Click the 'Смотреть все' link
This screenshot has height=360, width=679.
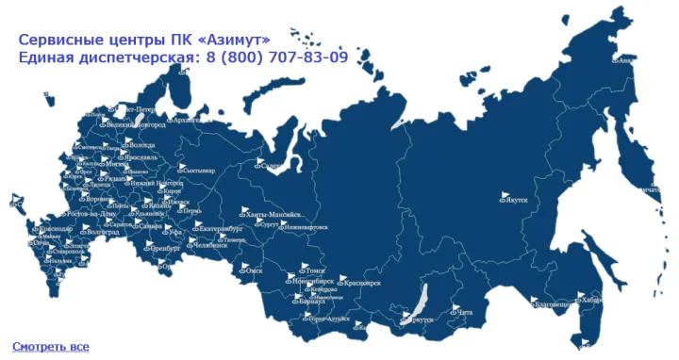tap(51, 347)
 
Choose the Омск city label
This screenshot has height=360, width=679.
tap(253, 270)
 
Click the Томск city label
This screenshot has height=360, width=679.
tap(316, 270)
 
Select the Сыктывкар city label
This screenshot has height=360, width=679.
tap(200, 171)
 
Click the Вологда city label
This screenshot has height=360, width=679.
tap(142, 145)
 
